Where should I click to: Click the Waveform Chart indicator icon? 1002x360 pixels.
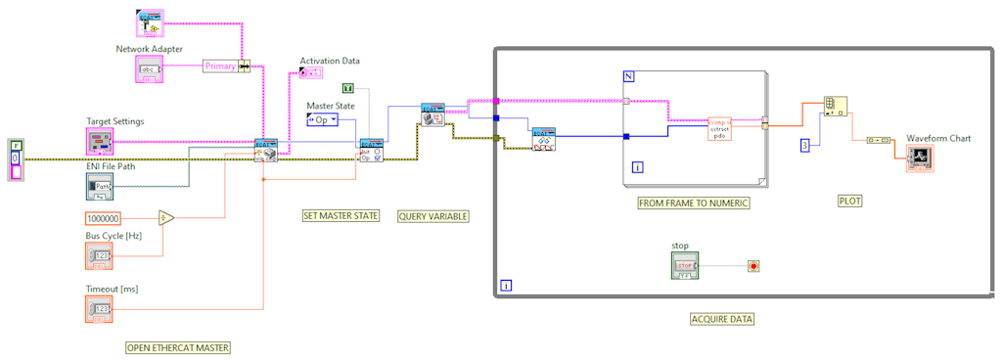click(920, 158)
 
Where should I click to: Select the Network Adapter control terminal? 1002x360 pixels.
click(151, 68)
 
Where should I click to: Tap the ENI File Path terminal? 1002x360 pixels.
click(100, 186)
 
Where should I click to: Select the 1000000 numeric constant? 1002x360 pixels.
click(103, 218)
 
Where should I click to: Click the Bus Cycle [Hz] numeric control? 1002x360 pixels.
click(100, 255)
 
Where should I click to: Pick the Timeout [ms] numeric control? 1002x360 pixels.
click(100, 308)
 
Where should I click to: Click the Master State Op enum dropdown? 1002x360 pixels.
click(322, 119)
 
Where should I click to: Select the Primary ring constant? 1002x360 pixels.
click(221, 66)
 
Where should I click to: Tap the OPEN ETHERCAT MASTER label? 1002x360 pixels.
click(179, 347)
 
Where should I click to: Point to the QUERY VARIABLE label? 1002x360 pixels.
click(433, 215)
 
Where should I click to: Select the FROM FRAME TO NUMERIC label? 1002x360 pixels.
click(693, 202)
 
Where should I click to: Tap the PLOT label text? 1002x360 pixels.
click(850, 201)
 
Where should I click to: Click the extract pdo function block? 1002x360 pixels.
click(719, 129)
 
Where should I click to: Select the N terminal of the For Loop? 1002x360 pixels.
click(629, 76)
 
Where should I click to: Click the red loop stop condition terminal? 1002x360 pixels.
click(753, 265)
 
